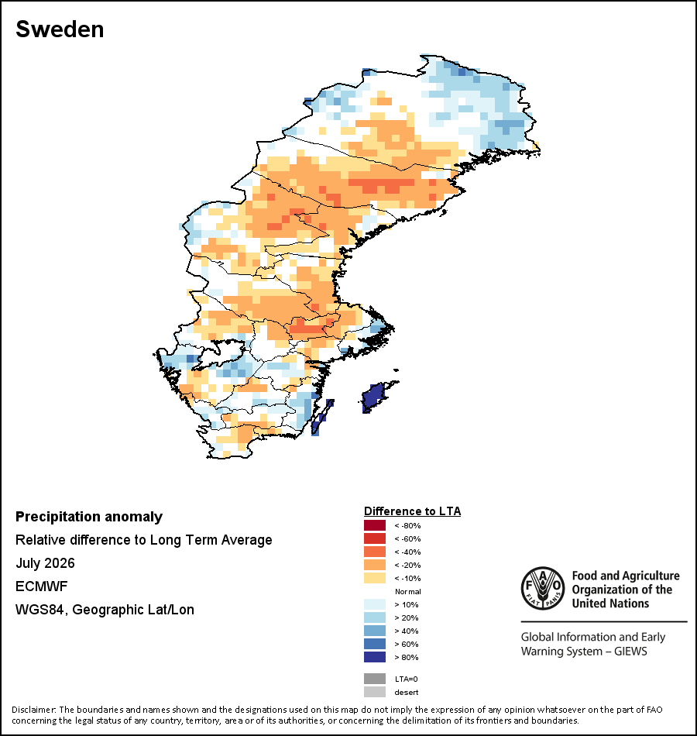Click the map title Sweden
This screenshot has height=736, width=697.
[60, 29]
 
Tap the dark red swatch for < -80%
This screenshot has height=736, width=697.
[375, 525]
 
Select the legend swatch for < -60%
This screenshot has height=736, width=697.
[375, 538]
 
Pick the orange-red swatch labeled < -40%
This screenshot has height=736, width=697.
[375, 552]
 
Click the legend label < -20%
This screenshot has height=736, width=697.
[407, 565]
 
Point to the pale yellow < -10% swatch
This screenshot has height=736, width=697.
[375, 578]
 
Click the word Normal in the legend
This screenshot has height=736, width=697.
[408, 591]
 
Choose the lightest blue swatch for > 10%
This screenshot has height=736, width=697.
[375, 604]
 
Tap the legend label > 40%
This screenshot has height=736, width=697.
[407, 631]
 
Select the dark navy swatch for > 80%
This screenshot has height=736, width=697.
[375, 657]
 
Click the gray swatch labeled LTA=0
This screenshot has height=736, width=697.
[375, 679]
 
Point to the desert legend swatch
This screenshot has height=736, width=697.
[375, 692]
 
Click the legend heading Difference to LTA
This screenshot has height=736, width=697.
[412, 511]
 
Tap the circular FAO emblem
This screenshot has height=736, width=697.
[543, 588]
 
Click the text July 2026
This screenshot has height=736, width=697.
[45, 562]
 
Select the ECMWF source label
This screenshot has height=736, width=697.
[41, 586]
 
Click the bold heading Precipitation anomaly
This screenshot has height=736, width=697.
[89, 517]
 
